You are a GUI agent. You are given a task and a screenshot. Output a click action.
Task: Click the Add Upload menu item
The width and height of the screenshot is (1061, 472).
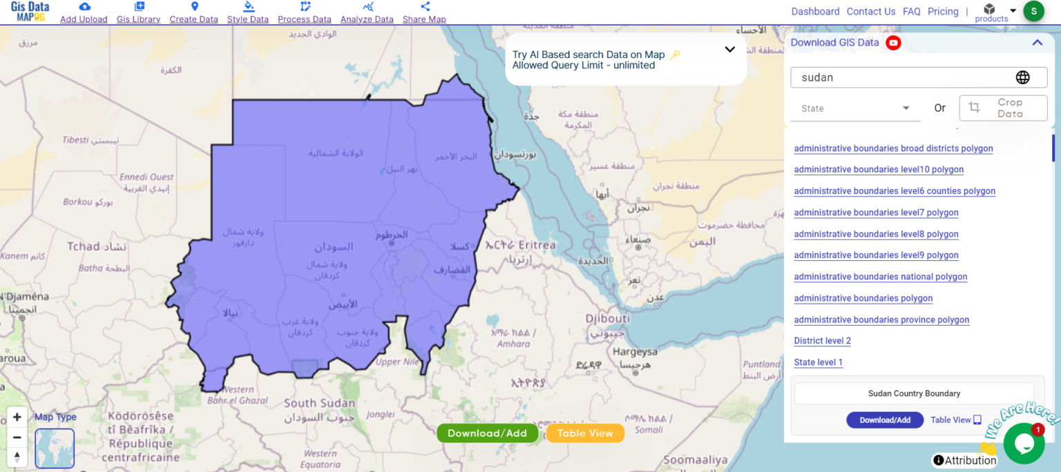84,13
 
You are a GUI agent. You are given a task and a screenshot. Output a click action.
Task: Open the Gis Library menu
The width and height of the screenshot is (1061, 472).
138,13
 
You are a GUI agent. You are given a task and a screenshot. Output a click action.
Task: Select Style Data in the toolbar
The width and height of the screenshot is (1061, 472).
247,13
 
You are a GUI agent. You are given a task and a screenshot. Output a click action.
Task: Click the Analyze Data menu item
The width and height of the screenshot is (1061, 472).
367,13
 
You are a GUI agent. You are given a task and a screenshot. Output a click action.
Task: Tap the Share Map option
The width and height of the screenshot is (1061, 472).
424,13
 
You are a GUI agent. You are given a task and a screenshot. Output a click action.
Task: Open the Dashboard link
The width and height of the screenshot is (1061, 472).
815,12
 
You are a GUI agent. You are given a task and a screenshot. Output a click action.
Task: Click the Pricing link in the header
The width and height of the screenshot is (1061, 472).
943,12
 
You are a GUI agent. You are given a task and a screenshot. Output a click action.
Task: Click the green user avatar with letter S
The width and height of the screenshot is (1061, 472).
1033,11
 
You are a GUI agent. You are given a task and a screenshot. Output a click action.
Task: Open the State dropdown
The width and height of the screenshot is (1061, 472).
855,108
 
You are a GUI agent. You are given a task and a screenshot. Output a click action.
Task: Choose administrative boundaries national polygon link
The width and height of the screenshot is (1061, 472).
880,277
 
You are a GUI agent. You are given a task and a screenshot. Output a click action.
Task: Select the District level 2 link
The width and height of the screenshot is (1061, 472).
822,341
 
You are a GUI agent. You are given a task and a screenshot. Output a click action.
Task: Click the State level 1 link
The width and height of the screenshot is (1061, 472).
818,362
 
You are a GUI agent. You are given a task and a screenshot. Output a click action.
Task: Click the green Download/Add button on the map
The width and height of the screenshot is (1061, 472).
487,433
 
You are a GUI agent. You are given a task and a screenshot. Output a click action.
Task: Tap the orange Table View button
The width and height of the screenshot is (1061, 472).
585,433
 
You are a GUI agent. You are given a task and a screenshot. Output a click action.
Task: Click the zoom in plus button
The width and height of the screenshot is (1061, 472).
17,417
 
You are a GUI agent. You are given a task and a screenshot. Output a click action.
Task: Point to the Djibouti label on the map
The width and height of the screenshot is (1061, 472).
607,319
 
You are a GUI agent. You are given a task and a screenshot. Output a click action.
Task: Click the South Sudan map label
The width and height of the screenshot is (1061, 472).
319,403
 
